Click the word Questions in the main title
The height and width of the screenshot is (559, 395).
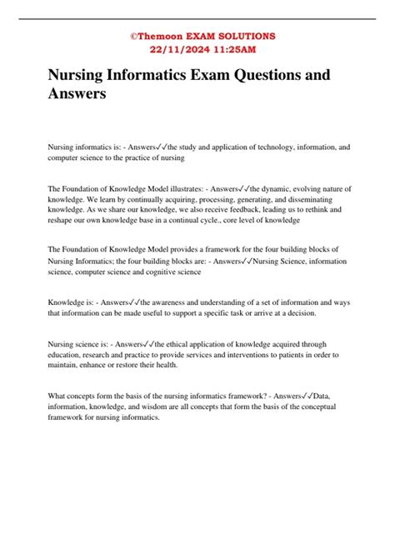click(x=266, y=75)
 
